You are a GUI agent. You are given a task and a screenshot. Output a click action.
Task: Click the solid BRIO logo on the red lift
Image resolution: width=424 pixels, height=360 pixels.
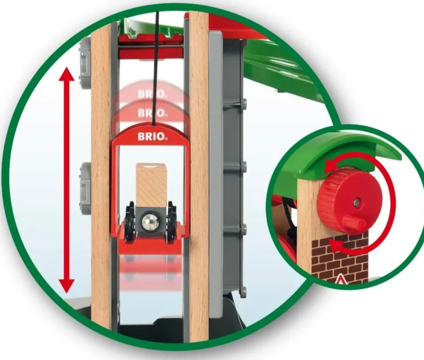pyautogui.click(x=152, y=136)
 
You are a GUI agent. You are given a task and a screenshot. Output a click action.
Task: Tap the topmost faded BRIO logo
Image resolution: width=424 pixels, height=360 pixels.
pyautogui.click(x=152, y=94)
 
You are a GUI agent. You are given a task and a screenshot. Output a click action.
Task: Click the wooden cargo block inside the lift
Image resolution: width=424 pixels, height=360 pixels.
pyautogui.click(x=152, y=184)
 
